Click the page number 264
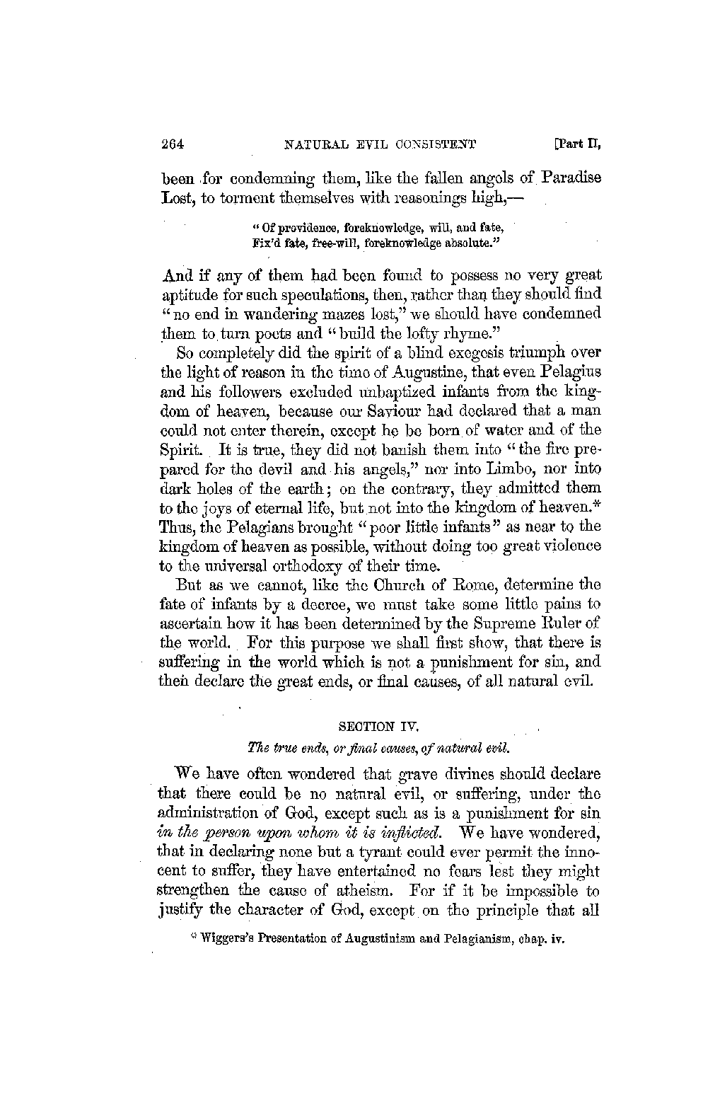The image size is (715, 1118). (173, 146)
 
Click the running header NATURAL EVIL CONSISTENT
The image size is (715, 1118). (380, 146)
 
